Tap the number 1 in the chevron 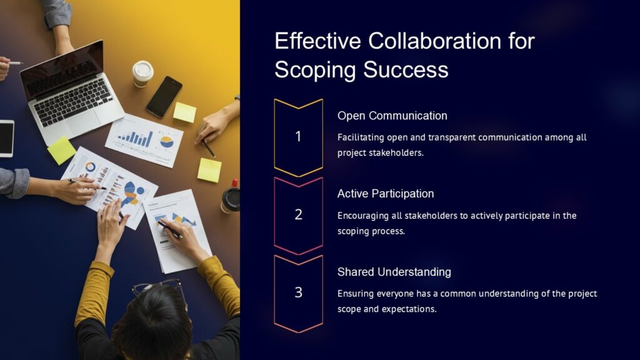tap(298, 136)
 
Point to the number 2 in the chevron tap(298, 214)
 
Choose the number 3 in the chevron tap(298, 292)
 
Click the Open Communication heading tap(392, 116)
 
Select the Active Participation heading tap(385, 194)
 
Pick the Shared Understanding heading tap(394, 272)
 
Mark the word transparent tap(443, 137)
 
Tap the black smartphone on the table tap(164, 96)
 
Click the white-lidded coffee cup tap(142, 72)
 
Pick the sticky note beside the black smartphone tap(184, 112)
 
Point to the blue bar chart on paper tap(136, 137)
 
